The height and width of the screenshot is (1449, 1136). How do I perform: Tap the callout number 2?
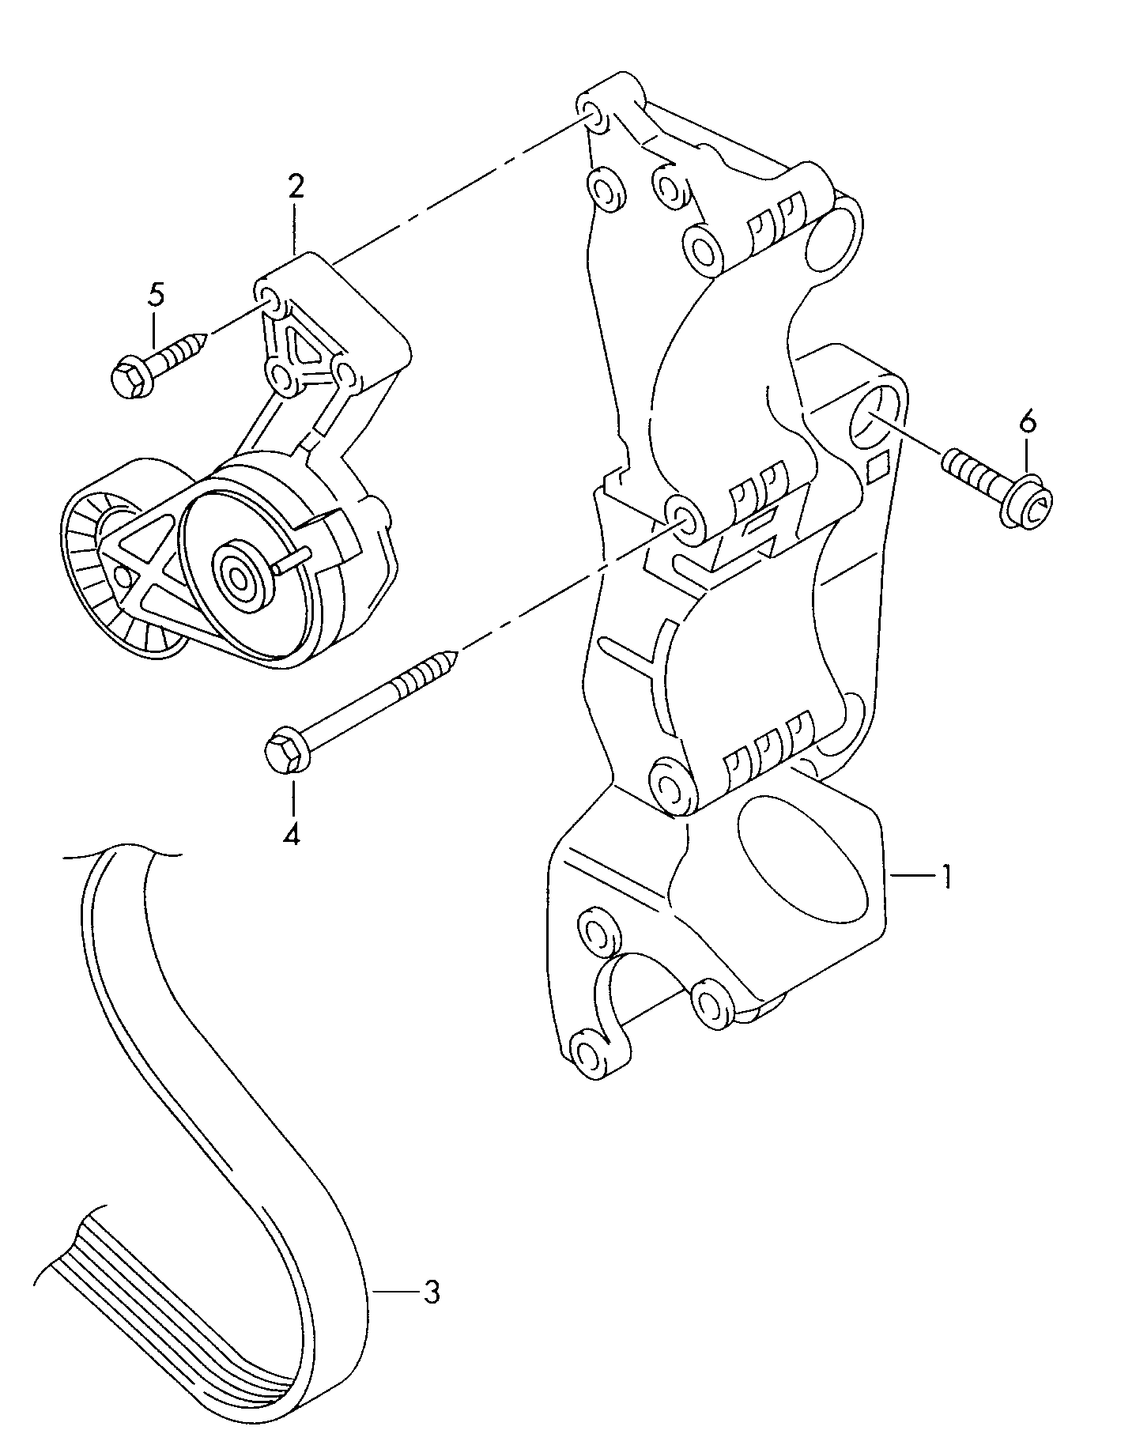tap(295, 188)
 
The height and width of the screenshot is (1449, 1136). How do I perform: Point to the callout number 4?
tap(292, 833)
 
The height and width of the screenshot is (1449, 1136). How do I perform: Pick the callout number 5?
tap(156, 295)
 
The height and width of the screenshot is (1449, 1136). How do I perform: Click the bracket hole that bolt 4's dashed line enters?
tap(681, 519)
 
